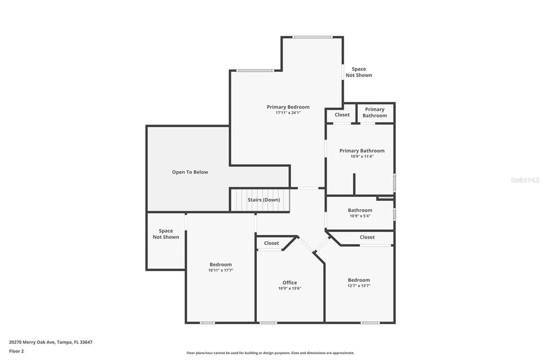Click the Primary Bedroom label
point(288,107)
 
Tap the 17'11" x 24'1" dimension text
point(288,113)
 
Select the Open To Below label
point(190,172)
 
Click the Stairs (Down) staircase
point(260,200)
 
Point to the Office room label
point(290,282)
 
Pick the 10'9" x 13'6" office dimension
point(290,288)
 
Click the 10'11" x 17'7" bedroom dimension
point(221,270)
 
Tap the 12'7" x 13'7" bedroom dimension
point(359,286)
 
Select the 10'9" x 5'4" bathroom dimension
point(360,216)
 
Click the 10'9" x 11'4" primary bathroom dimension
point(362,156)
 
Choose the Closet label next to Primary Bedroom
point(342,115)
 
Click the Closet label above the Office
point(272,243)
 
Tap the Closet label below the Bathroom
point(367,237)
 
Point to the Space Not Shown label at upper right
point(359,72)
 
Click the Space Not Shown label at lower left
point(166,234)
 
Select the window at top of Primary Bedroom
point(313,37)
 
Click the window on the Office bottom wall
point(268,323)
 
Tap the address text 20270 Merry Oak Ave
point(32,342)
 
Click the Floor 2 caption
point(16,351)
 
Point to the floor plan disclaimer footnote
point(270,353)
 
